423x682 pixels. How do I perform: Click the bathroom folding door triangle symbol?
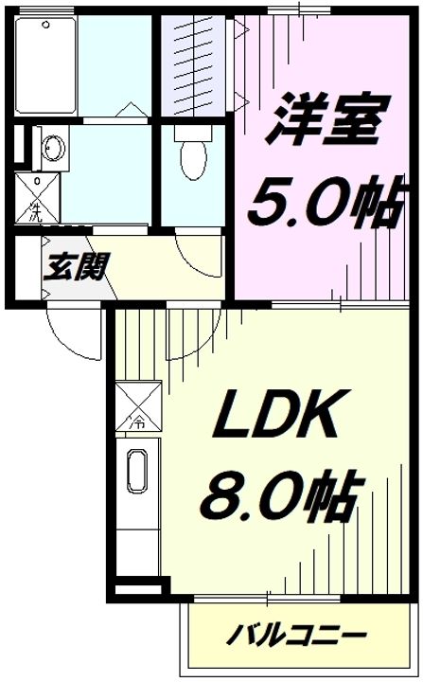pos(124,110)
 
